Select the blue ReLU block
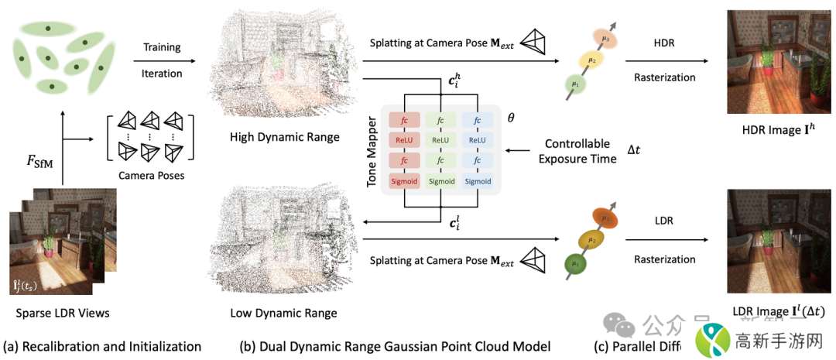(x=478, y=140)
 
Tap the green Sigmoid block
(x=441, y=181)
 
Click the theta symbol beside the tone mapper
(x=510, y=120)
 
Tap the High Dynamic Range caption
(x=284, y=137)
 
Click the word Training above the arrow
(x=163, y=47)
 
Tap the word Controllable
(x=578, y=143)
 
